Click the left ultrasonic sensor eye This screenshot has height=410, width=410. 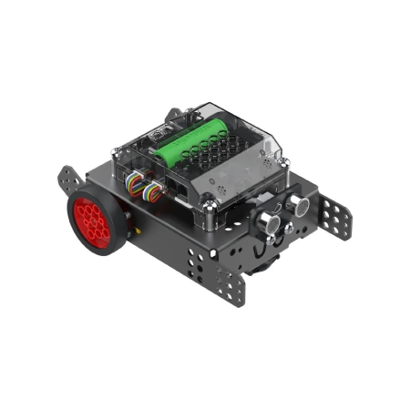[x=266, y=221]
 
